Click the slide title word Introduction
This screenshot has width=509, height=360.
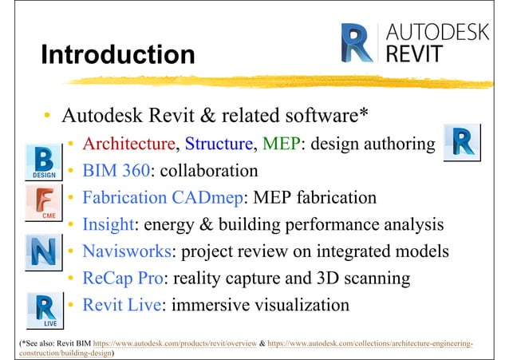[x=117, y=55]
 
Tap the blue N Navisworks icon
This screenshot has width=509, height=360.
[x=45, y=252]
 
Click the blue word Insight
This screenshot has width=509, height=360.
[x=109, y=224]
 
